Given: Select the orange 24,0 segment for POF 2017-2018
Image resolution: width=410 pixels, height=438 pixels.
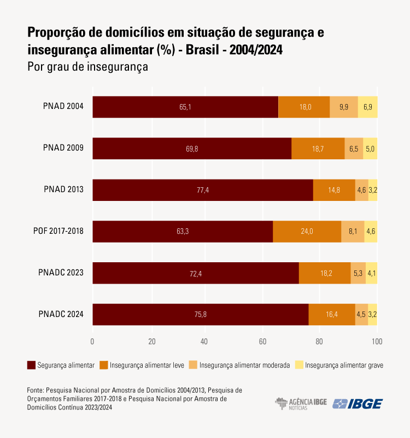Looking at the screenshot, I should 307,232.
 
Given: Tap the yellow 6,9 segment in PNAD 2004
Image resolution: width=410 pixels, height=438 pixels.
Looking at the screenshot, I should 367,107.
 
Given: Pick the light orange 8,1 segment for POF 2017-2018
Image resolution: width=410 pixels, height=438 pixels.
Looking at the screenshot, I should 353,232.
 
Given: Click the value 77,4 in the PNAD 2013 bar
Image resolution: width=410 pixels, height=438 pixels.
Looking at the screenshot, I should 202,190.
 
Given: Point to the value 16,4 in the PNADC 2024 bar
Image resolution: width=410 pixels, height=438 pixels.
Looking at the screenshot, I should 331,314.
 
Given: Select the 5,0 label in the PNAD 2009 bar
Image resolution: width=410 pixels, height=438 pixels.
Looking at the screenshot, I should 370,148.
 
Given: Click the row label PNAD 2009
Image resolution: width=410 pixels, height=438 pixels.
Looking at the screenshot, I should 63,148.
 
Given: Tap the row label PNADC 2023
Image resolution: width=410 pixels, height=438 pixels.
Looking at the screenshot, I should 61,272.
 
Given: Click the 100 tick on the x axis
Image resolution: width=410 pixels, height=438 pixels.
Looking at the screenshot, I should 377,342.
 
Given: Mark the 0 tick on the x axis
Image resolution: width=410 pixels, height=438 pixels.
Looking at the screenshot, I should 92,342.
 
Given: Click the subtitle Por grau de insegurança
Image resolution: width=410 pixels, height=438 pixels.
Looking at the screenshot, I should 87,67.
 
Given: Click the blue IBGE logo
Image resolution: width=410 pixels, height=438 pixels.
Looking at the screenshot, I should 358,404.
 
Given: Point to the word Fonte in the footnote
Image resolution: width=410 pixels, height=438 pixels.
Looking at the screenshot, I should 34,390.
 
